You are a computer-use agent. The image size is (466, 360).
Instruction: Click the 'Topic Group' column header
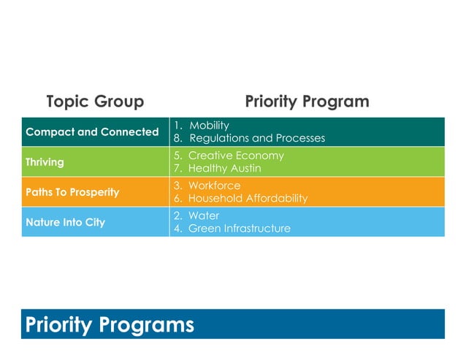click(x=95, y=102)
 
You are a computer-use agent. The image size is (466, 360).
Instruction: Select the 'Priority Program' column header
click(x=307, y=102)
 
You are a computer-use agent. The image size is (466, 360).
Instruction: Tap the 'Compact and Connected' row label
click(x=92, y=132)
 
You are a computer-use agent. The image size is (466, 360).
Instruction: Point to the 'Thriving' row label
click(x=45, y=162)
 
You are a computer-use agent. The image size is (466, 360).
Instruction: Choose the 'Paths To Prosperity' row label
click(x=72, y=192)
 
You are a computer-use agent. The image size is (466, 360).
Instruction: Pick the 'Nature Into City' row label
click(x=65, y=222)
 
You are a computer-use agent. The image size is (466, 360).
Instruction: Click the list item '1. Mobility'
click(x=202, y=126)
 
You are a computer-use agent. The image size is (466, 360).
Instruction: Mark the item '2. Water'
click(x=197, y=215)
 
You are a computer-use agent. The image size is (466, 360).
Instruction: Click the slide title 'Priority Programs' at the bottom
click(x=110, y=324)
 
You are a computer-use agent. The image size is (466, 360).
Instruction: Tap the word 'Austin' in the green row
click(x=244, y=168)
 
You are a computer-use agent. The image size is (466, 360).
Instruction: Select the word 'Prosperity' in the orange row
click(x=94, y=192)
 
